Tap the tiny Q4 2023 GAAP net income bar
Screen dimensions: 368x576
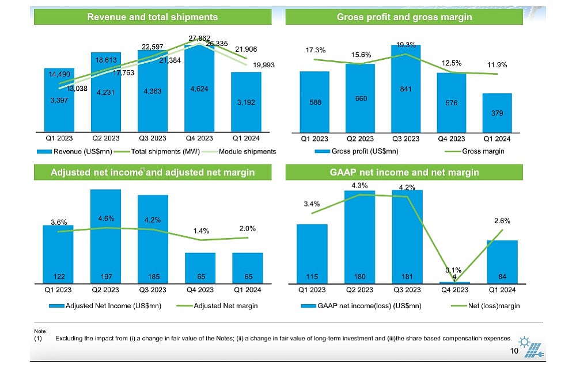coord(454,282)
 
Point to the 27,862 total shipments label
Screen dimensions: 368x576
coord(199,38)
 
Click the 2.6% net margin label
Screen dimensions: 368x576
coord(502,221)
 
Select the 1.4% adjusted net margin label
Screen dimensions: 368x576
coord(200,231)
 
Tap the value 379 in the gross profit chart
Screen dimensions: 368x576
coord(497,113)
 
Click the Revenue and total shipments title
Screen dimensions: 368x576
coord(152,17)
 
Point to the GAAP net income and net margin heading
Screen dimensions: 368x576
coord(404,172)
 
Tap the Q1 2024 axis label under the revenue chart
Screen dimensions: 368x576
coord(246,139)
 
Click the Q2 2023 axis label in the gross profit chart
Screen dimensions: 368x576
coord(360,139)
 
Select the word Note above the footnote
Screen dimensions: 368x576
coord(40,331)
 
